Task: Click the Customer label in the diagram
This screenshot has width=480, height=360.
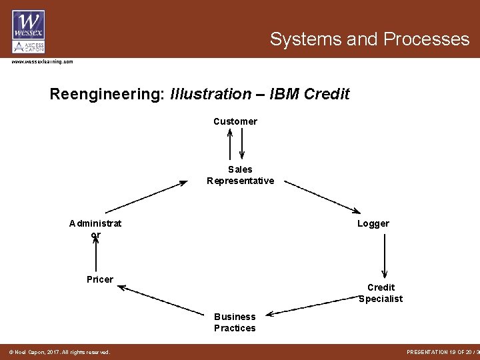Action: point(235,121)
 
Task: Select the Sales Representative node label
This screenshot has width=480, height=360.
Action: point(240,175)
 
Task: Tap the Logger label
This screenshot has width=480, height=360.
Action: point(373,224)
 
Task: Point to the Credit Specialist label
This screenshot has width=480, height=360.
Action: point(381,293)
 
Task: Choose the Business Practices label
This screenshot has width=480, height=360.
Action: point(235,322)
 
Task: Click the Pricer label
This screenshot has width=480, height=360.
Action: point(100,279)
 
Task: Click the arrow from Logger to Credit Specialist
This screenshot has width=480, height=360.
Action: point(385,255)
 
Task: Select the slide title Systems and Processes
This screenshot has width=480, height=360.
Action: point(369,39)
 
